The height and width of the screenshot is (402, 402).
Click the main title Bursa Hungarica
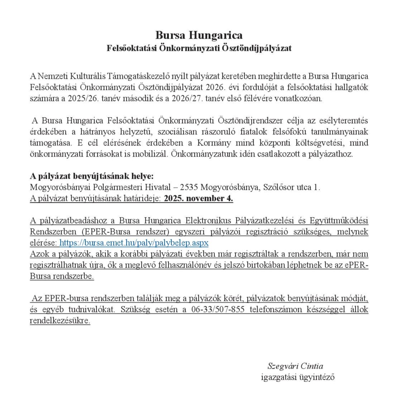(x=199, y=35)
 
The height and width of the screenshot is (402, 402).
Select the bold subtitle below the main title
(x=199, y=48)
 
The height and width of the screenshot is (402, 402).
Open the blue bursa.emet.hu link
(x=134, y=243)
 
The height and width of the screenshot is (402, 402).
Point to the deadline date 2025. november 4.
(x=198, y=198)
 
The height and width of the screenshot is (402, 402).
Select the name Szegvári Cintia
(x=295, y=366)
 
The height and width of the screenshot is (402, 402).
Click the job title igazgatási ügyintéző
(x=298, y=377)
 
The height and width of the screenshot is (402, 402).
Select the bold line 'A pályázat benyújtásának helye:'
(x=91, y=176)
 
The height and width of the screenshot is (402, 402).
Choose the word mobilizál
(x=152, y=154)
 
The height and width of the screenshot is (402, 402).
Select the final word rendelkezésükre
(x=60, y=321)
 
